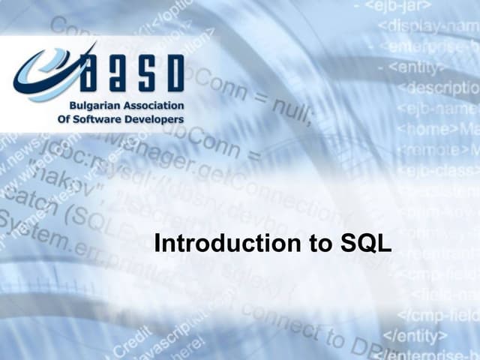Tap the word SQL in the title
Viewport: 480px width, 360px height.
(x=365, y=244)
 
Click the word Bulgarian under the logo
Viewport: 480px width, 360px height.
(x=94, y=106)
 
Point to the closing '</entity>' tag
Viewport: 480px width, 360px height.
(x=415, y=334)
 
